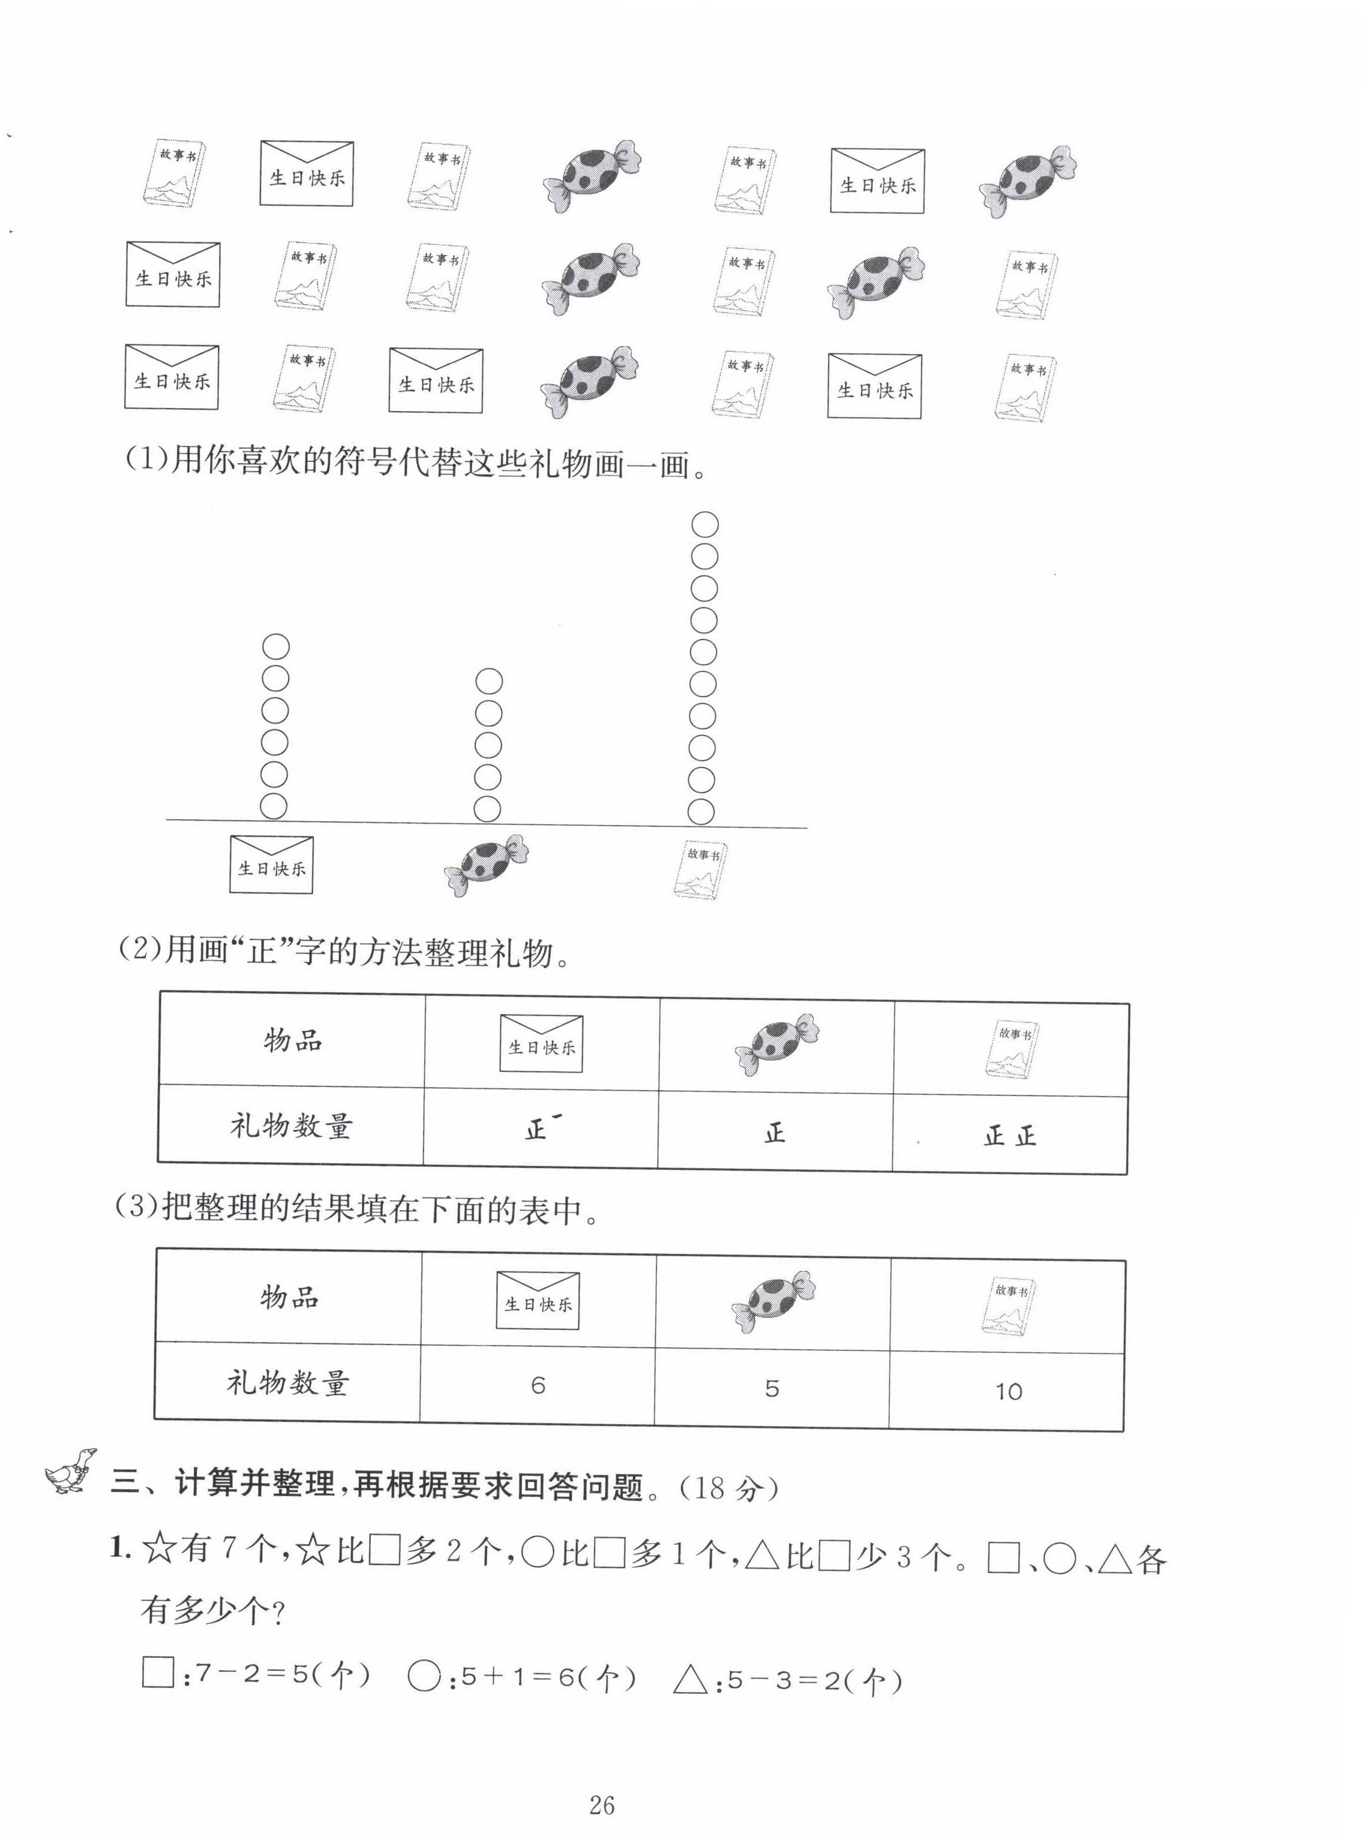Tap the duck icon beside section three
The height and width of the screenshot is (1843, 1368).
70,1470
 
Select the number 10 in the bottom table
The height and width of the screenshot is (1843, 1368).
1008,1392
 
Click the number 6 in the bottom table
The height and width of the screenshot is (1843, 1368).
538,1385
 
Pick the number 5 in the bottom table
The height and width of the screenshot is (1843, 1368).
772,1388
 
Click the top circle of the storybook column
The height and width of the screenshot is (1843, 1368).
705,525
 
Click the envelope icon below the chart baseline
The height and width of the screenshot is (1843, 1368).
272,865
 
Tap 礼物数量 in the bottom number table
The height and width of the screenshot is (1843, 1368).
288,1383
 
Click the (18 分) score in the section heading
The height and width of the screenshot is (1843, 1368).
729,1488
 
